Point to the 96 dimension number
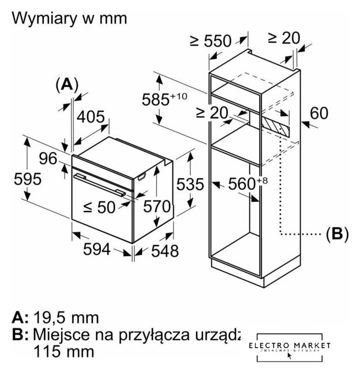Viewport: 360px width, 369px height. click(x=47, y=157)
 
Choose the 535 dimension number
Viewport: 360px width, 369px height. click(x=190, y=184)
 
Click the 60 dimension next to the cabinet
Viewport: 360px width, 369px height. click(x=318, y=112)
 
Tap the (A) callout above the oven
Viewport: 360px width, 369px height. click(x=66, y=84)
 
